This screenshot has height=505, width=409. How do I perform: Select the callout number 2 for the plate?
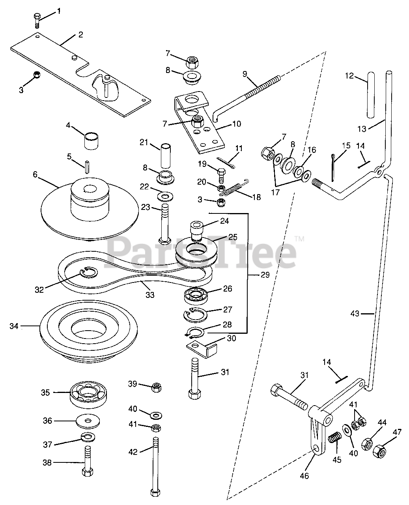click(80, 35)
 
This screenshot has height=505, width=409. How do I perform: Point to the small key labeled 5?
click(87, 167)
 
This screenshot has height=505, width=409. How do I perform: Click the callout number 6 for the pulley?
click(35, 174)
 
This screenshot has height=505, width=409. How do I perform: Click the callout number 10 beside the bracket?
click(237, 123)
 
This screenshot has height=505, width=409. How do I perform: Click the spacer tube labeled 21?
click(166, 155)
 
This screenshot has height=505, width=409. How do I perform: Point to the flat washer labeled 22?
click(165, 196)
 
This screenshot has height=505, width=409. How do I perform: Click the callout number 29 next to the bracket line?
click(265, 275)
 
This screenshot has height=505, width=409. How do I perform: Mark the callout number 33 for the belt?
click(150, 295)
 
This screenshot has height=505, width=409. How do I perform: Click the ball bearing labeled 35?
click(88, 395)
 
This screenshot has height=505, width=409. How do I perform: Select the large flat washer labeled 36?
click(88, 421)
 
